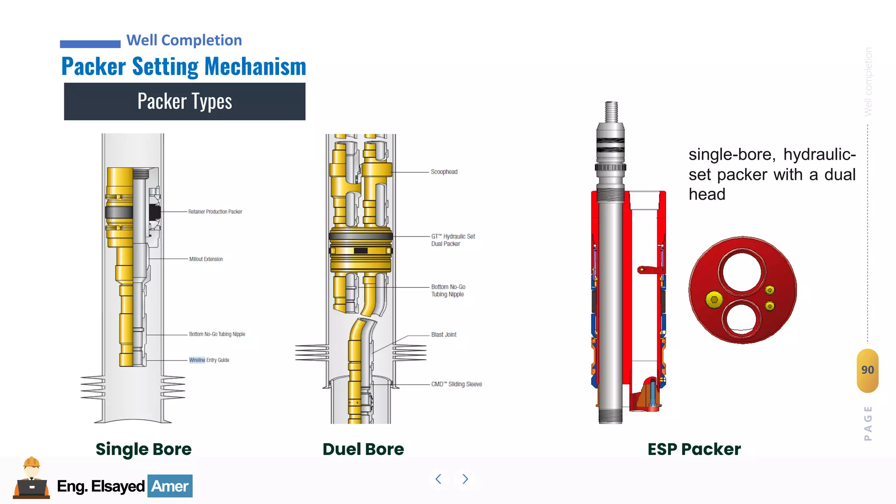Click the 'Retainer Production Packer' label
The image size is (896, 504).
(215, 212)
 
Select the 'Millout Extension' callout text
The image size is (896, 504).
(206, 259)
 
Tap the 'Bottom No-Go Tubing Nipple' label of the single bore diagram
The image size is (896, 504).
(217, 334)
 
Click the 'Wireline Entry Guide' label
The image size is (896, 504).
(209, 360)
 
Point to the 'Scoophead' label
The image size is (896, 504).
(444, 172)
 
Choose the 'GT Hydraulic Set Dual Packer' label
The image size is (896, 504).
(453, 240)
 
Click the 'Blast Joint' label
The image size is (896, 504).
(444, 335)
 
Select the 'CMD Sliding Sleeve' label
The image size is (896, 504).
(456, 384)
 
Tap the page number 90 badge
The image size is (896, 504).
(868, 370)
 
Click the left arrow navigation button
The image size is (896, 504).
(438, 479)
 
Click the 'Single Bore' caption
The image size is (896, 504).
(143, 449)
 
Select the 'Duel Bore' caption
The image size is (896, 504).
(363, 449)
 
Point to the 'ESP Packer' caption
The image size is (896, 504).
(694, 449)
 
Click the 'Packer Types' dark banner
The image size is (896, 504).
(185, 101)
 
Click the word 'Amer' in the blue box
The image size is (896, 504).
(170, 486)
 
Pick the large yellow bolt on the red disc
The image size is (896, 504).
(714, 300)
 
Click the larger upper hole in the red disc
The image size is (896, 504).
(742, 271)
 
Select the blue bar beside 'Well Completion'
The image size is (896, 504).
(90, 44)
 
